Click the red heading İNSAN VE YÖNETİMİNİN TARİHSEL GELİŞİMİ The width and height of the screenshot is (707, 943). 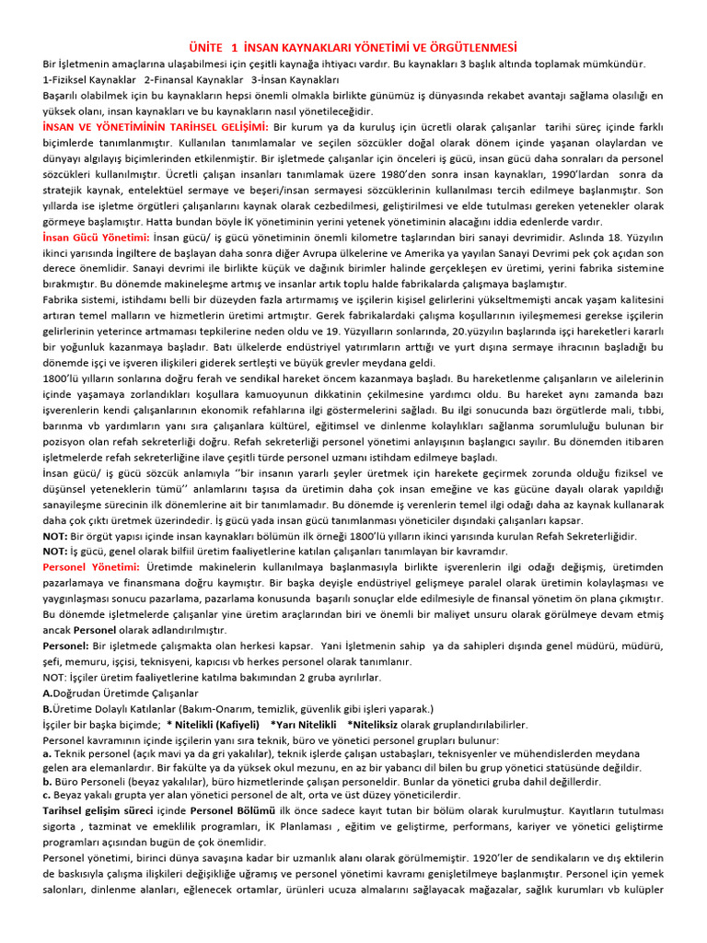tap(156, 125)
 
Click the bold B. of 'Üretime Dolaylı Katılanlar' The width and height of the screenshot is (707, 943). tap(48, 708)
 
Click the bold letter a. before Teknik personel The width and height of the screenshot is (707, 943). tap(47, 753)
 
